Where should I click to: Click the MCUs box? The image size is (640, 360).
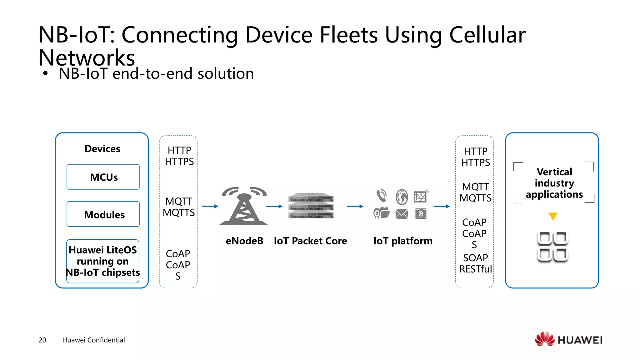(103, 177)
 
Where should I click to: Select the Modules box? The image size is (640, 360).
(103, 214)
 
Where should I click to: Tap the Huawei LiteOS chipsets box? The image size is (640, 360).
(103, 261)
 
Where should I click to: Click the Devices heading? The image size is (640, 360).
(102, 149)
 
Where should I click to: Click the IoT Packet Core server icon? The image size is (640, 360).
(311, 206)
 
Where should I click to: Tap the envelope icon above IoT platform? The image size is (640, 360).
(402, 214)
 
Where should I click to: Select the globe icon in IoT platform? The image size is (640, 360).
(402, 197)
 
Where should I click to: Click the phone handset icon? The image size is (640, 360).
(382, 196)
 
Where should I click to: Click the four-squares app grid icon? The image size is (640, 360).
(552, 247)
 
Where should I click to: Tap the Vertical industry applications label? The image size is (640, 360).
(554, 183)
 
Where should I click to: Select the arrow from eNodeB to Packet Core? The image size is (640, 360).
(274, 206)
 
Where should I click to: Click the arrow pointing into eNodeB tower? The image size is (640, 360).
(210, 206)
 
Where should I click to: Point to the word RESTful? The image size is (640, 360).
(475, 269)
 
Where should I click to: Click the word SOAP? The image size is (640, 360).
(475, 258)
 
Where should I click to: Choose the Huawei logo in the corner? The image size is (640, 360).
(568, 339)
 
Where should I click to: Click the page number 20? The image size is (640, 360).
(42, 340)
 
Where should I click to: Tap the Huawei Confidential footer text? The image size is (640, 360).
(93, 340)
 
